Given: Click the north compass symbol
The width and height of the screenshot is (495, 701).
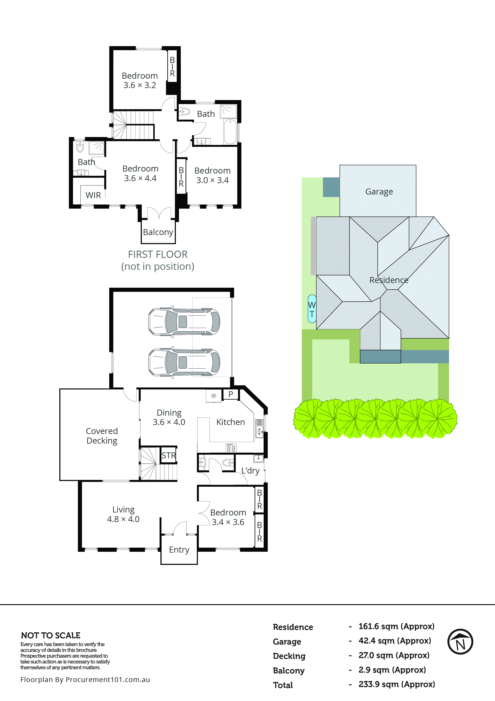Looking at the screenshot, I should pyautogui.click(x=460, y=641).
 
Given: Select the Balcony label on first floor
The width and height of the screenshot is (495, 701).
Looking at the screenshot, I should pyautogui.click(x=158, y=232).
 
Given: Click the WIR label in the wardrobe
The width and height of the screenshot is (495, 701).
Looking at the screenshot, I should pyautogui.click(x=93, y=195).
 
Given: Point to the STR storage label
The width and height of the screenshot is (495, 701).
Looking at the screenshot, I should pyautogui.click(x=168, y=456).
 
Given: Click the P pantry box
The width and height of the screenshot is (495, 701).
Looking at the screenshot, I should pyautogui.click(x=231, y=394).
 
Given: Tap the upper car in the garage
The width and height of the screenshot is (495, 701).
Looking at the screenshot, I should pyautogui.click(x=184, y=322).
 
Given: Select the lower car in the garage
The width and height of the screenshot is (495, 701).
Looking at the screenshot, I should pyautogui.click(x=184, y=362).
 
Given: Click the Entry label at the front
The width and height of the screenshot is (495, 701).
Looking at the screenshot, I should pyautogui.click(x=179, y=550).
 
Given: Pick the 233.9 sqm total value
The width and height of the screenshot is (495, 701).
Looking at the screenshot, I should pyautogui.click(x=396, y=684).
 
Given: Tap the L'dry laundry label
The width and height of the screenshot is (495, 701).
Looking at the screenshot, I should pyautogui.click(x=250, y=471).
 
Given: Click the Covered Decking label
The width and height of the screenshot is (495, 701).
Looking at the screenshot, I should pyautogui.click(x=102, y=436).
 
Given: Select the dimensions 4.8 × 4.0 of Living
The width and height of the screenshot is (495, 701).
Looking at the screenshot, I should pyautogui.click(x=123, y=519).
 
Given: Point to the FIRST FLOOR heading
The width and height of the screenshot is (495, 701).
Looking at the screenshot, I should pyautogui.click(x=158, y=254).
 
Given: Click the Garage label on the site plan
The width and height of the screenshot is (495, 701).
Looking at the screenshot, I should pyautogui.click(x=379, y=192).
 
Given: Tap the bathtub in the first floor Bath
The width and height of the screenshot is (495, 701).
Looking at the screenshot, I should pyautogui.click(x=230, y=132).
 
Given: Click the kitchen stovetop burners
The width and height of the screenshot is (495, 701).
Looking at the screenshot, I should pyautogui.click(x=231, y=448).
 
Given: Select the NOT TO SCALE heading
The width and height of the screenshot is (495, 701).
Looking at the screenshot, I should pyautogui.click(x=51, y=635).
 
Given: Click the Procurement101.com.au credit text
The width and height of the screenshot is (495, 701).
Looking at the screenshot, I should pyautogui.click(x=85, y=680).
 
